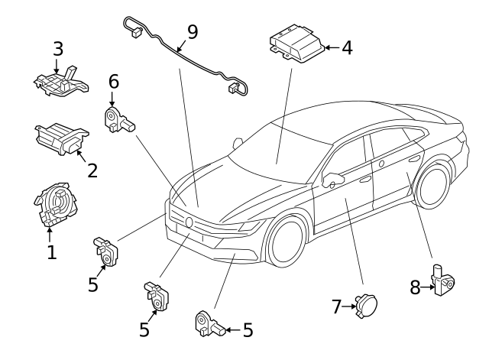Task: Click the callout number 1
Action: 51,251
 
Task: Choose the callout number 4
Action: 347,47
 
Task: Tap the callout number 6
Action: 113,81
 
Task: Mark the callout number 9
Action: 192,32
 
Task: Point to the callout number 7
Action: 336,306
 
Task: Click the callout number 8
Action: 415,287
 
